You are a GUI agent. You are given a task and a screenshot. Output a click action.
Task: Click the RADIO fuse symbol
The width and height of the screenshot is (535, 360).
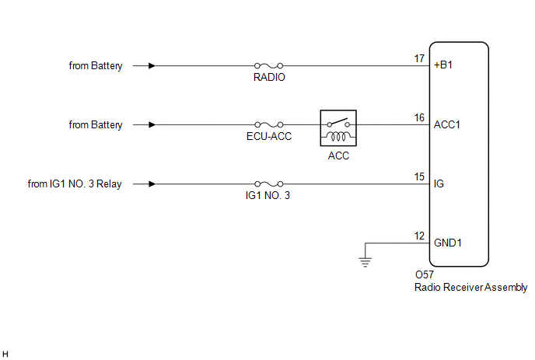[268, 66]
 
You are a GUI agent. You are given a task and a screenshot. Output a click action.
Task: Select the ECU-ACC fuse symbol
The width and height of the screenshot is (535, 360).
[268, 125]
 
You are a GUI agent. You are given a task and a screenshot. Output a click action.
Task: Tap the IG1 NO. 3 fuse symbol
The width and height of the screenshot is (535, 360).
[268, 184]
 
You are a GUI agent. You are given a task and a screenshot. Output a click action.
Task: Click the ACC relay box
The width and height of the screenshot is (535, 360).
[338, 128]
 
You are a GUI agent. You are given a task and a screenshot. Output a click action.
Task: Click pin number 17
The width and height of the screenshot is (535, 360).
[420, 58]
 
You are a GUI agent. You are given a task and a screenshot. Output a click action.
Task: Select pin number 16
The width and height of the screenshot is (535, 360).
[420, 117]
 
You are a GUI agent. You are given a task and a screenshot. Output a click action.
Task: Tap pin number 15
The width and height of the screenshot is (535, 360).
[420, 177]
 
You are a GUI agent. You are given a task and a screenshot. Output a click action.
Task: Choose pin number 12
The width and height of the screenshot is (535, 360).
[420, 236]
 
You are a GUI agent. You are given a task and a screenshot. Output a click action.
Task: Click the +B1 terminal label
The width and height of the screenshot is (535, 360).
[443, 66]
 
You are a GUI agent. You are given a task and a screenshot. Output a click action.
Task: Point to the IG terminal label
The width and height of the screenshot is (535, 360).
[439, 184]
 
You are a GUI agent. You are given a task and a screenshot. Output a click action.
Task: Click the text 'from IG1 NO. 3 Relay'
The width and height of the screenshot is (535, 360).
[75, 184]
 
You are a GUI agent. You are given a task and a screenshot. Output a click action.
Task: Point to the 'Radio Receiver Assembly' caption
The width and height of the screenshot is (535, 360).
[471, 288]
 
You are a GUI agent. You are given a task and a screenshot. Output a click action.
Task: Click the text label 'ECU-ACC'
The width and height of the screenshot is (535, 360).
[268, 137]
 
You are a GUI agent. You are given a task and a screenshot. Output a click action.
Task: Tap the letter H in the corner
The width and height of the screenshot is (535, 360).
[5, 353]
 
